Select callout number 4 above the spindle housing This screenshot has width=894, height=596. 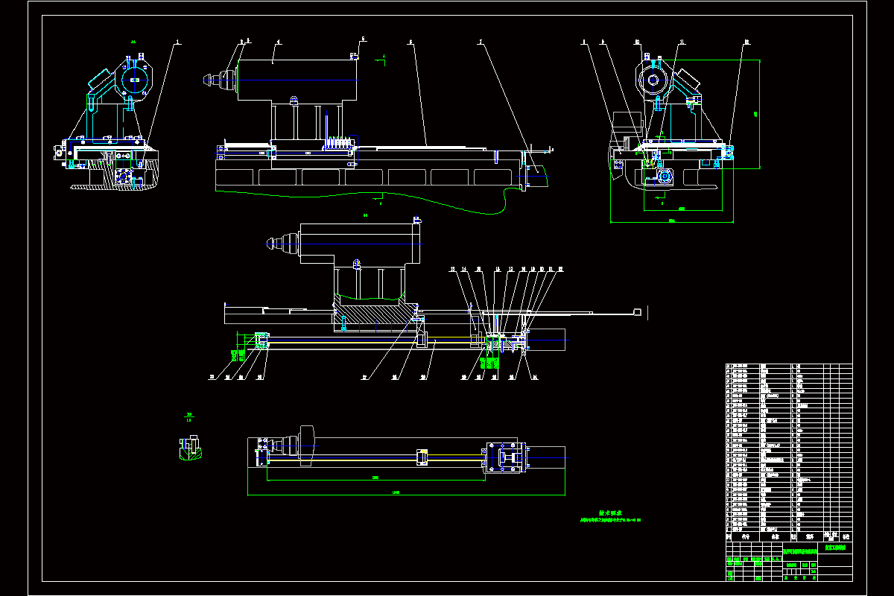point(278,42)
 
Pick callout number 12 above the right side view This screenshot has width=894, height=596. point(746,42)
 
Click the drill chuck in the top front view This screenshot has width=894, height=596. point(216,78)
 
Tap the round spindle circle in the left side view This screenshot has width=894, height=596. point(134,80)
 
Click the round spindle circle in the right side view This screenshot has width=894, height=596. point(653,80)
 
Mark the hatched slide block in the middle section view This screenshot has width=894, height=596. point(370,317)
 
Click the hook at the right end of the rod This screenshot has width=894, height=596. point(637,311)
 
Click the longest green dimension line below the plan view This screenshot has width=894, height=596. point(406,495)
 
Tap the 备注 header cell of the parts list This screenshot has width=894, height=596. point(845,536)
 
